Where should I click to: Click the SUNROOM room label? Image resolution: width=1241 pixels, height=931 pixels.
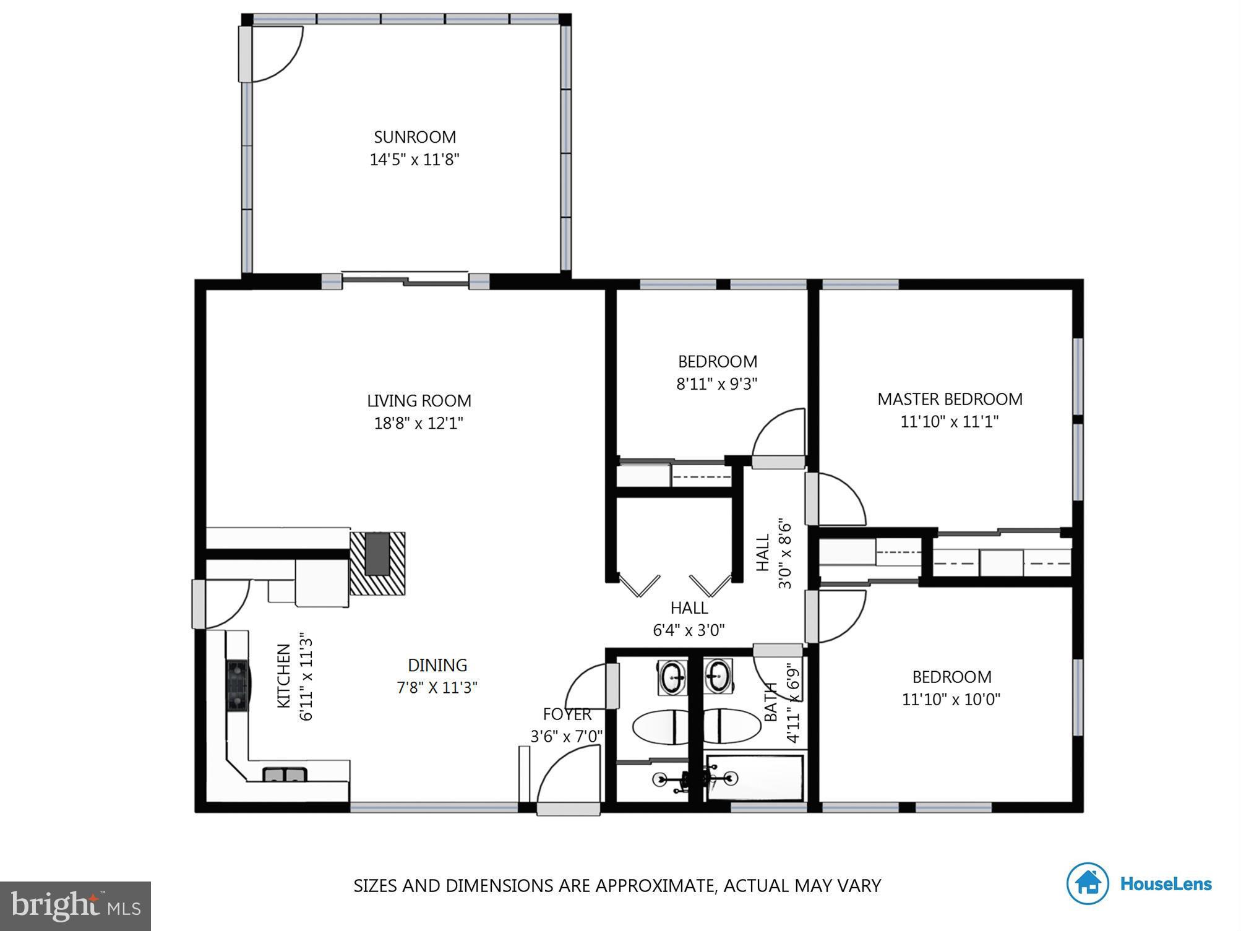[x=414, y=137]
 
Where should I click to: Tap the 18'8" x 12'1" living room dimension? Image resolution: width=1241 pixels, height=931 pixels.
[x=418, y=423]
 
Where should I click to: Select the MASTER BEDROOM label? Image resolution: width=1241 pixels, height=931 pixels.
[x=950, y=399]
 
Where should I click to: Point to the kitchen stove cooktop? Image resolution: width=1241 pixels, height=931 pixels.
[x=238, y=685]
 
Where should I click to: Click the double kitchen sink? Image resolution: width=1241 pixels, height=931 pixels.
[x=285, y=774]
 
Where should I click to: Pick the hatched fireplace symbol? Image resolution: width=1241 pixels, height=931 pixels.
[x=377, y=563]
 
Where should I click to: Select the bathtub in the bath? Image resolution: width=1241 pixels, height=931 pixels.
[x=755, y=778]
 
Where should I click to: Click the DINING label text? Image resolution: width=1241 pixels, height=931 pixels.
[x=437, y=665]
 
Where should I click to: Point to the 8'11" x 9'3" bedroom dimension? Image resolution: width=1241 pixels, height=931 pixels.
[x=716, y=384]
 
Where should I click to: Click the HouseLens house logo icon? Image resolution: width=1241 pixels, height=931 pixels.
[x=1087, y=883]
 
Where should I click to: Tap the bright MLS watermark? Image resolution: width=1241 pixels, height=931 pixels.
[x=75, y=906]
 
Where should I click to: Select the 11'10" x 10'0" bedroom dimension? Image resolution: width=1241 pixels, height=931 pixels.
[x=951, y=699]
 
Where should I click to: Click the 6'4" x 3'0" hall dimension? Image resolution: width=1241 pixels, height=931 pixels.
[x=689, y=630]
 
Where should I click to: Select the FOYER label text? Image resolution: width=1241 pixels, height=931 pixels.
[x=567, y=714]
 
